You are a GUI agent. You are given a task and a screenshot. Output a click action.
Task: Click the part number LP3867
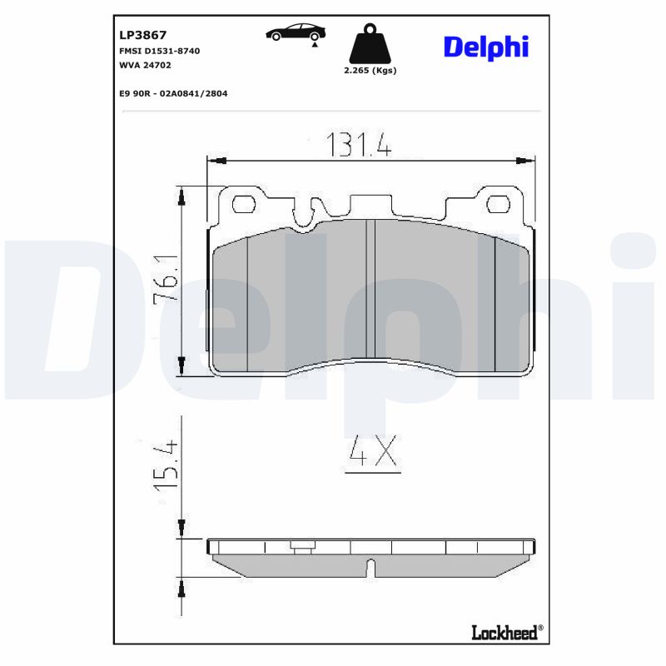(x=143, y=35)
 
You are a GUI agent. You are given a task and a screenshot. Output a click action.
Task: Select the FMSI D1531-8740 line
(x=160, y=51)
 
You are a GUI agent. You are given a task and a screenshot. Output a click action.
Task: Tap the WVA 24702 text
(x=144, y=64)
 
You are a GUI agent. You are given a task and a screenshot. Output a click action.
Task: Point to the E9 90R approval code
(x=173, y=93)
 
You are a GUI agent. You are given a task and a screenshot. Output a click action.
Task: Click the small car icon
(x=296, y=32)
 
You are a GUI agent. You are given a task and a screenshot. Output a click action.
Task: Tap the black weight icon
(x=370, y=46)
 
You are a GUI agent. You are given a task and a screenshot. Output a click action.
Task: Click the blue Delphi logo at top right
(x=485, y=47)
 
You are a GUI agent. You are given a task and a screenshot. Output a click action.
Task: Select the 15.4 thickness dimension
(x=167, y=464)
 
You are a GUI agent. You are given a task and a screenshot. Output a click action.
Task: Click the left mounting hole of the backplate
(x=244, y=204)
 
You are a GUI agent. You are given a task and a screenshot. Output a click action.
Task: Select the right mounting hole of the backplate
(x=498, y=204)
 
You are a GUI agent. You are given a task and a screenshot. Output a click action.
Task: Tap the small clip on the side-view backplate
(x=302, y=547)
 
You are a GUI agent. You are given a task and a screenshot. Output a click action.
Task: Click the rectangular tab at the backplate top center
(x=372, y=205)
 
